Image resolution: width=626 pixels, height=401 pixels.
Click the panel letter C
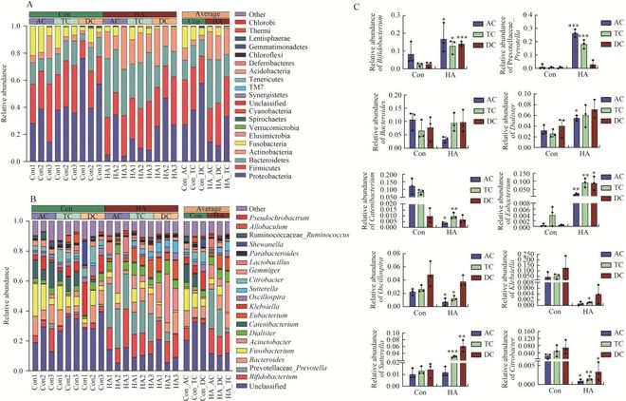(331, 7)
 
